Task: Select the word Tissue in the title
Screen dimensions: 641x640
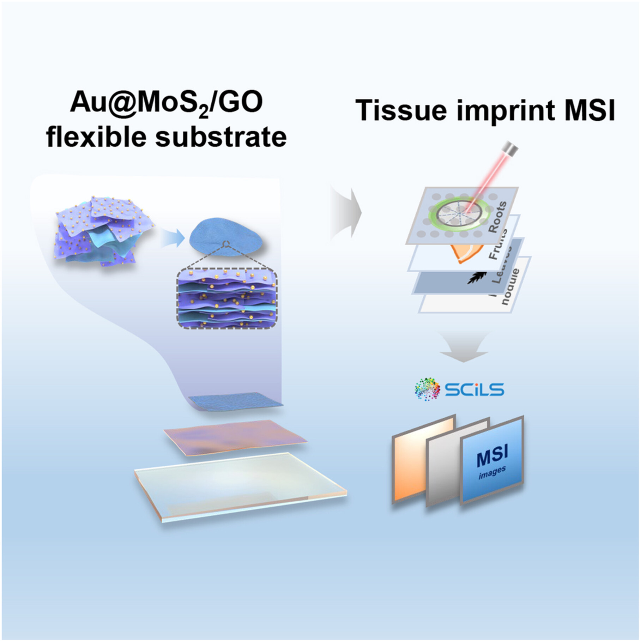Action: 400,110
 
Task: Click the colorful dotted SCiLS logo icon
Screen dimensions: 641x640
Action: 427,389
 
